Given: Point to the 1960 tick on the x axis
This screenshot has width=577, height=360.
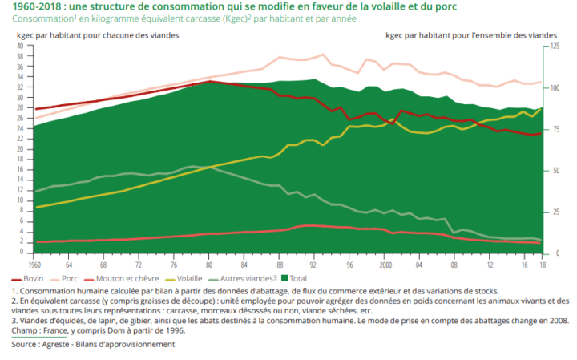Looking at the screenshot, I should click(34, 263).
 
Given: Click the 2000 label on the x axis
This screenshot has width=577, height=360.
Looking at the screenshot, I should click(385, 263).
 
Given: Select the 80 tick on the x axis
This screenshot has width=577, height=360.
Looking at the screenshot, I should click(209, 263).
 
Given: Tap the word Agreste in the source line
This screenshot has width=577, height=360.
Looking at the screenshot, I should click(70, 344).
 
